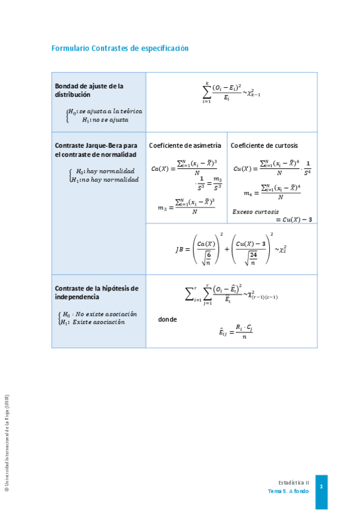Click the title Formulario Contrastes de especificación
pyautogui.click(x=120, y=48)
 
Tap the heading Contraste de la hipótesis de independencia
pyautogui.click(x=96, y=292)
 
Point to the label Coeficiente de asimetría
pyautogui.click(x=185, y=146)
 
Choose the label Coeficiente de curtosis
pyautogui.click(x=264, y=146)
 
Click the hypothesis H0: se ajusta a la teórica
pyautogui.click(x=105, y=111)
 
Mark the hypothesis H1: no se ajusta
pyautogui.click(x=105, y=120)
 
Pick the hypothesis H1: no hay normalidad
pyautogui.click(x=105, y=179)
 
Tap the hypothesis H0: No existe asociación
pyautogui.click(x=100, y=314)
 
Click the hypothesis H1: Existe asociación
pyautogui.click(x=93, y=322)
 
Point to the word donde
pyautogui.click(x=167, y=319)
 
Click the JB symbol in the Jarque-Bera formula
pyautogui.click(x=183, y=249)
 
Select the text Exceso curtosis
pyautogui.click(x=255, y=212)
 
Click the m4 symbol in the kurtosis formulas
pyautogui.click(x=248, y=194)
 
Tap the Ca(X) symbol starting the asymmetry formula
pyautogui.click(x=160, y=169)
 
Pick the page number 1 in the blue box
pyautogui.click(x=322, y=486)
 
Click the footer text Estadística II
pyautogui.click(x=294, y=482)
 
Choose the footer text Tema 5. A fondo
pyautogui.click(x=288, y=491)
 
